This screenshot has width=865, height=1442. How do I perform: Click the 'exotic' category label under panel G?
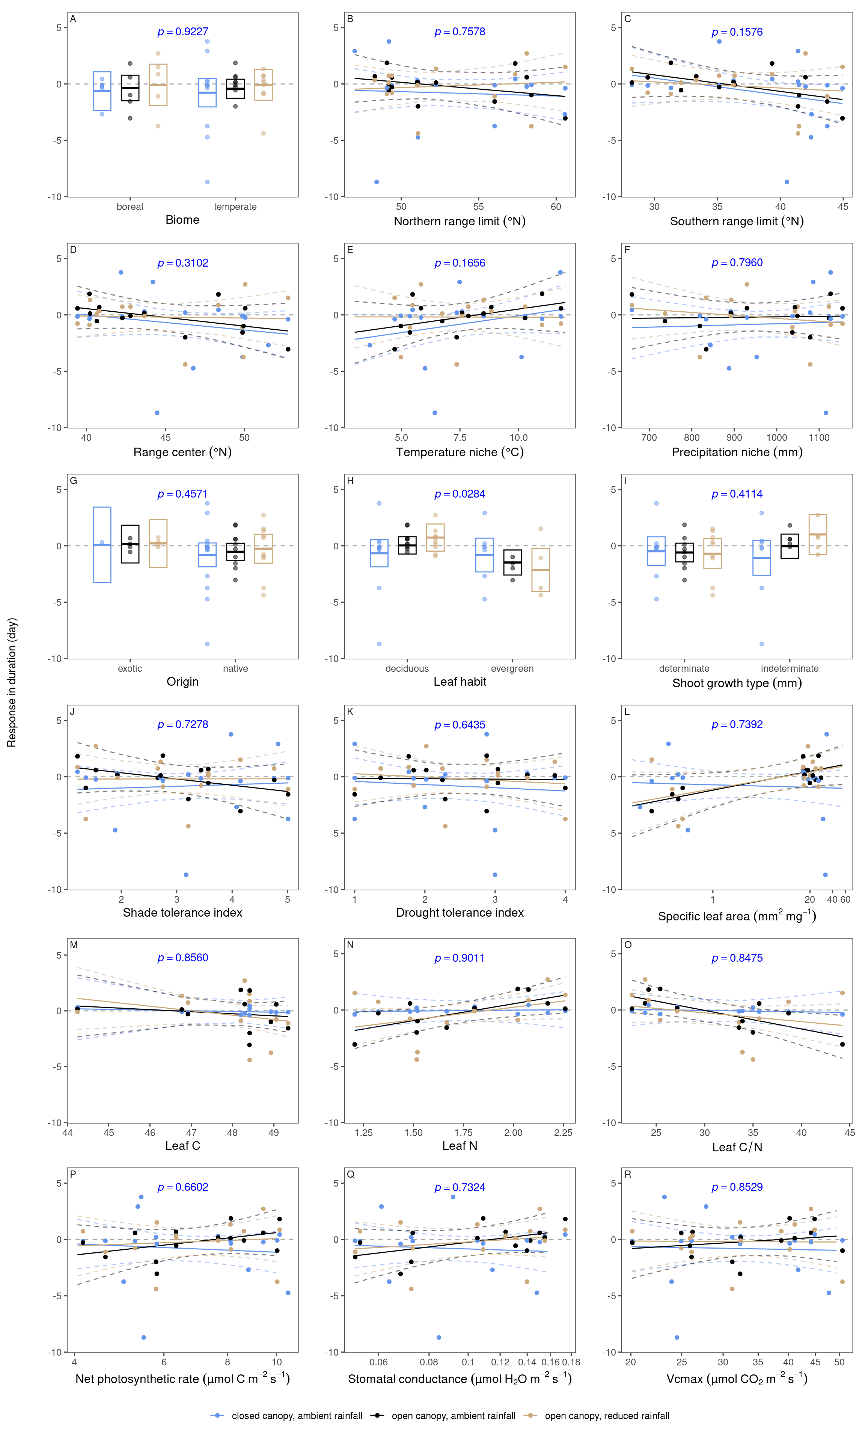point(130,668)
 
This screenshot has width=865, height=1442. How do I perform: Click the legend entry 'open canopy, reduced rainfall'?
point(607,1416)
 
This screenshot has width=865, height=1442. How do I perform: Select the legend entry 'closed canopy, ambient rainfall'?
point(297,1416)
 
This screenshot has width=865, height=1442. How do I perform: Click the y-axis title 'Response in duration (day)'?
point(12,682)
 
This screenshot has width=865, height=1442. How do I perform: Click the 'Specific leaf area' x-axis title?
point(737,916)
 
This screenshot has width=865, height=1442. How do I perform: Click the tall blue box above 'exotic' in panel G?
point(102,545)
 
